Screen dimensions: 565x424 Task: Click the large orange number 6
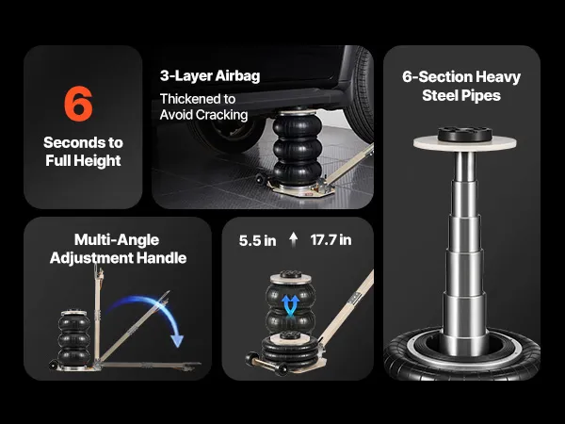(78, 104)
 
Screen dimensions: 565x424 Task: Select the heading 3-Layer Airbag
(210, 76)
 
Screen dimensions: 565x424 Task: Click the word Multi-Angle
(117, 240)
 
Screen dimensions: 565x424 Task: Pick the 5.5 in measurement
(258, 241)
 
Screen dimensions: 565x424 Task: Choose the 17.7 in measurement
(331, 240)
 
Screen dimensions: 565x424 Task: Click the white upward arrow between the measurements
(294, 239)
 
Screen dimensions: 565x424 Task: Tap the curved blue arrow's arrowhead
(177, 341)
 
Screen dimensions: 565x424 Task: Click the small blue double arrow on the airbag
(291, 305)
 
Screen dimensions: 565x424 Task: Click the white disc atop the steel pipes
(465, 143)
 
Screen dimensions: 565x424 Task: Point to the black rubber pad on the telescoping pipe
(465, 134)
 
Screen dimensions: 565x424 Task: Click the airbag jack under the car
(297, 149)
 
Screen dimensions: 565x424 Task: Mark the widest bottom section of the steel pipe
(466, 319)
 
